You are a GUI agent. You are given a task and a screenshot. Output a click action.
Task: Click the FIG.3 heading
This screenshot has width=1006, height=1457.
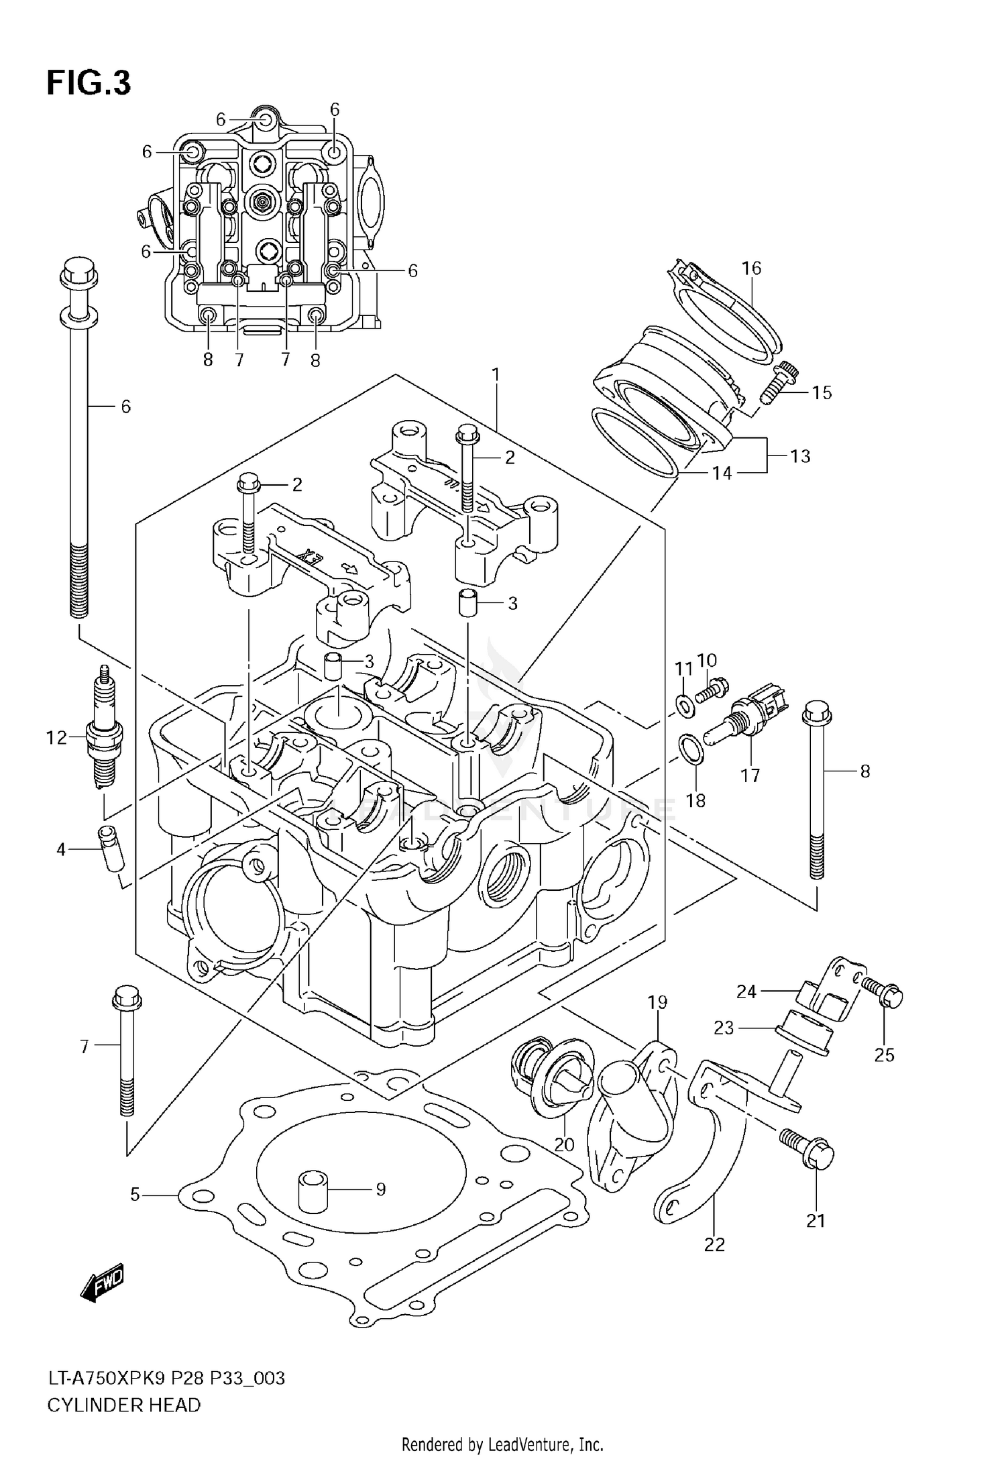(89, 84)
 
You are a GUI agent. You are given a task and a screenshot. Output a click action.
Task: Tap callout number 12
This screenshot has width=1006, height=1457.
(57, 739)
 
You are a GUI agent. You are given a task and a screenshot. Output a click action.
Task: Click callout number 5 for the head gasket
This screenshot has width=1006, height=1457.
(135, 1195)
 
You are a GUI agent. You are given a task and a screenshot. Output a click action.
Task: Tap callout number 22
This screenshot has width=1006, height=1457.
(715, 1244)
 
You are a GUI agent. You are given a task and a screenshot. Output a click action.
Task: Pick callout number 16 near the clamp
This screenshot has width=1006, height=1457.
(752, 268)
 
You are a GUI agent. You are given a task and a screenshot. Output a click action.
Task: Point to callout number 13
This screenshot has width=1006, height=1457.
(800, 456)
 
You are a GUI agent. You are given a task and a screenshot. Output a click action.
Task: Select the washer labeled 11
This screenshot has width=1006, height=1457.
(683, 704)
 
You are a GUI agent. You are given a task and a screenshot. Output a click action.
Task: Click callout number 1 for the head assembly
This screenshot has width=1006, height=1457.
(496, 375)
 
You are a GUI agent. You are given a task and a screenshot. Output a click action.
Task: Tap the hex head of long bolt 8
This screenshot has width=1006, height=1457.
(816, 714)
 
